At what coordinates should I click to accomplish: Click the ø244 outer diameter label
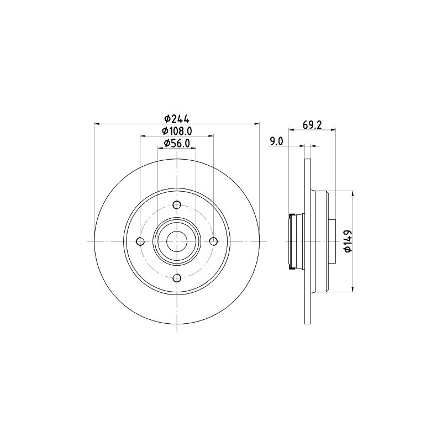[177, 118]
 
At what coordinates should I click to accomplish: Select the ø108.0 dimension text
[177, 131]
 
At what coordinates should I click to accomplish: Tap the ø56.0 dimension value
[177, 144]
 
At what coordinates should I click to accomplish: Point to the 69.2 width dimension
[313, 125]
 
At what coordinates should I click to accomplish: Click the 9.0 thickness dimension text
[276, 141]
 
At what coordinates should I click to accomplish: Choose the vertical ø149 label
[348, 241]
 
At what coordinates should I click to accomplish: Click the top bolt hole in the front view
[177, 206]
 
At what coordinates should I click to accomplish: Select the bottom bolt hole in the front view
[177, 278]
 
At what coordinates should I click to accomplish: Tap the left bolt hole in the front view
[140, 241]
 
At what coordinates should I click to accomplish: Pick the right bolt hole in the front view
[213, 241]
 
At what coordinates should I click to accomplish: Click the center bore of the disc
[177, 241]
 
